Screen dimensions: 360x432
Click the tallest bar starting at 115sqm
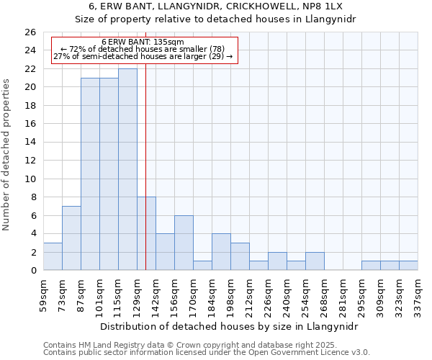point(127,170)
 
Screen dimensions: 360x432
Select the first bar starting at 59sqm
point(53,256)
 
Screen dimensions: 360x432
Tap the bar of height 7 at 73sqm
point(71,238)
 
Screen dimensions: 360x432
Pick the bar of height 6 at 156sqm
point(184,243)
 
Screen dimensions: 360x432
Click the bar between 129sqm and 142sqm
point(146,233)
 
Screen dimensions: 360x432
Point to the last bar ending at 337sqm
point(408,266)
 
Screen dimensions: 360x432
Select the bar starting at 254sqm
point(315,261)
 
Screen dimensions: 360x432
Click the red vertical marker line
point(145,144)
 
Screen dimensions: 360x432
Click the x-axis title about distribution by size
point(230,326)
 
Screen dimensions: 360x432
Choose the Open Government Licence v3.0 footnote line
point(207,353)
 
